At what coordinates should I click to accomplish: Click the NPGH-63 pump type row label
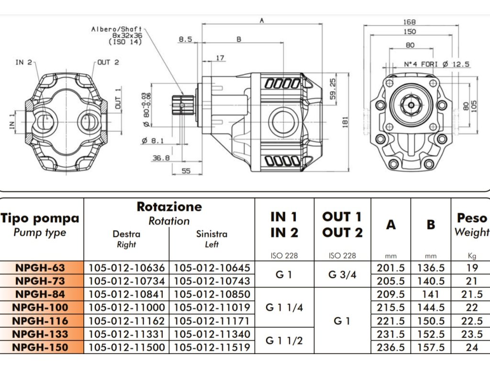point(40,268)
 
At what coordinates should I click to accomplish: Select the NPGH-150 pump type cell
point(40,347)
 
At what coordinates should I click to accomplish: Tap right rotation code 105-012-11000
point(126,308)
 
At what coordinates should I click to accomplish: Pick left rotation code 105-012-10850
point(212,295)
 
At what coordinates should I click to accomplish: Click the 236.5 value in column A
point(390,347)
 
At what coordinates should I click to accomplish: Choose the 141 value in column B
point(431,295)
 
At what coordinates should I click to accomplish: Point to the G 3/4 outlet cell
point(342,275)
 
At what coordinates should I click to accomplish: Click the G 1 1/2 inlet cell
point(284,341)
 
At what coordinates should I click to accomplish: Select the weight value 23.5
point(472,334)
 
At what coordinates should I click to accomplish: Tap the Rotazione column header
point(169,207)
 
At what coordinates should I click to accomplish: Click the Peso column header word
point(472,218)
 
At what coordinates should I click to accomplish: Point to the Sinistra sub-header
point(212,234)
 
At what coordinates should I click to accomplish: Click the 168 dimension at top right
point(410,22)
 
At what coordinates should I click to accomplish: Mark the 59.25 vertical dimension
point(333,89)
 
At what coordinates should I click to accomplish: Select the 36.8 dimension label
point(161,158)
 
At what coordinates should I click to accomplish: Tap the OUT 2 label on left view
point(108,62)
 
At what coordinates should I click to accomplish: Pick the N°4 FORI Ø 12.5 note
point(436,64)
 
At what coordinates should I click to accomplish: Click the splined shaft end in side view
point(183,105)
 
